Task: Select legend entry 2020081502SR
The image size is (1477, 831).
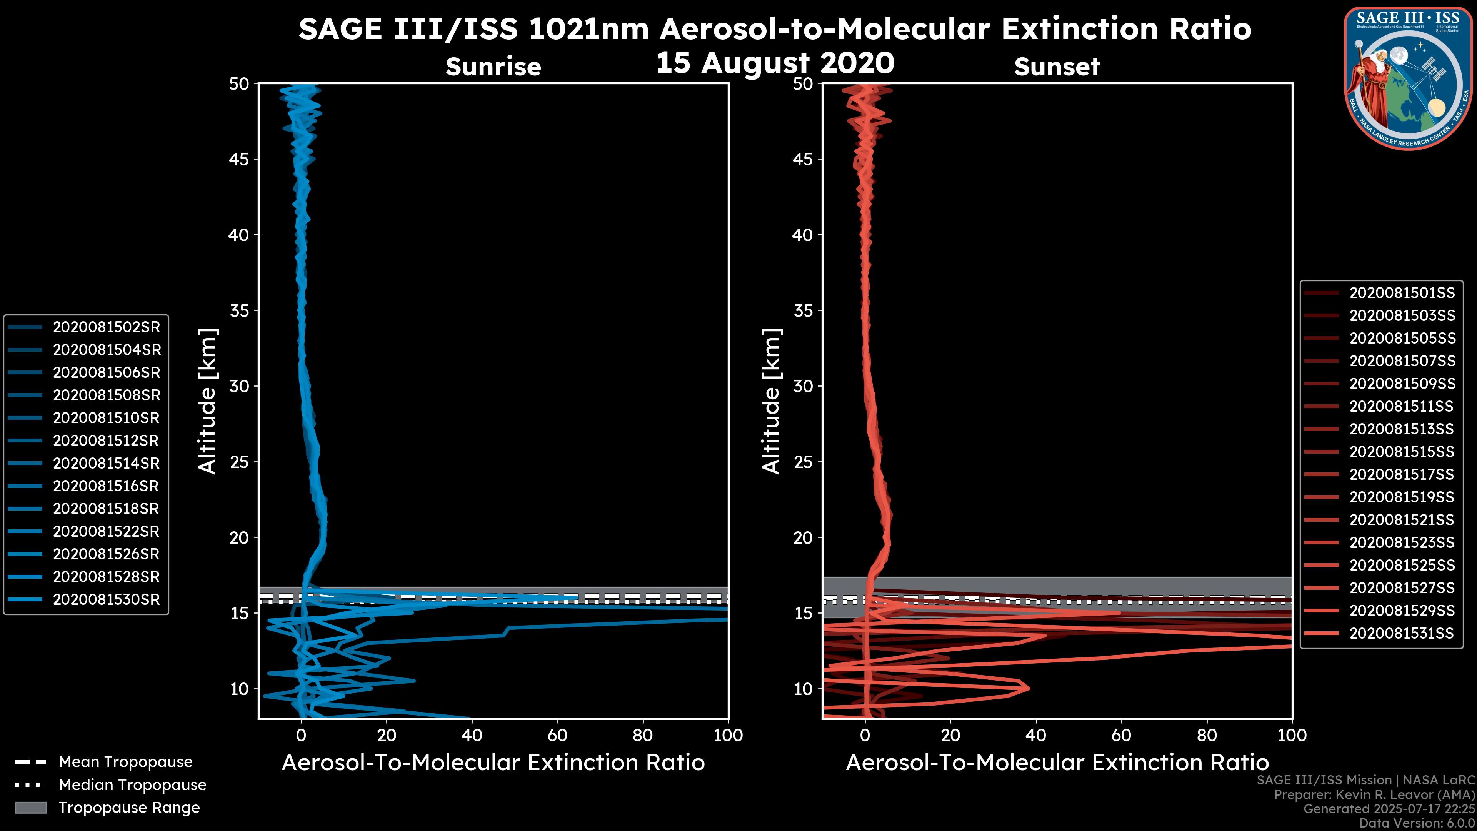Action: (106, 327)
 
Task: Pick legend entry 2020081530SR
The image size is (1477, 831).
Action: (106, 599)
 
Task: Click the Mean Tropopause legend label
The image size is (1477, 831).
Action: (125, 762)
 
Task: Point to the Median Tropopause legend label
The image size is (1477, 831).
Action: (132, 784)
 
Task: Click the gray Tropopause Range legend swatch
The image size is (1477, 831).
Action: (31, 808)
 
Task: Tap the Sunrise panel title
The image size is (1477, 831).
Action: (493, 67)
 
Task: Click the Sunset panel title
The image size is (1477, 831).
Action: (1057, 67)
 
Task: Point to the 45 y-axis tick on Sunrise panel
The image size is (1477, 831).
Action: (240, 159)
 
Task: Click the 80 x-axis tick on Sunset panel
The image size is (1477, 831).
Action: (1207, 735)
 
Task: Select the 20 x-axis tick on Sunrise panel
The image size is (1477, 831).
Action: (387, 735)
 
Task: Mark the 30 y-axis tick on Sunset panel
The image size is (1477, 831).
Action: (803, 386)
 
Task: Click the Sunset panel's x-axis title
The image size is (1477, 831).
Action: (1057, 762)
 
